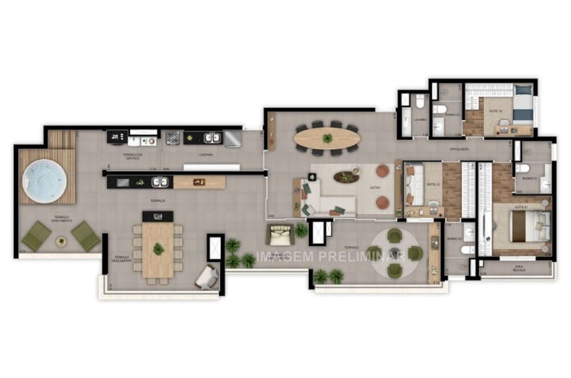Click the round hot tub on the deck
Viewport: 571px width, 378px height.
[44, 181]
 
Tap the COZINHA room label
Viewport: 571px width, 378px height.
[206, 155]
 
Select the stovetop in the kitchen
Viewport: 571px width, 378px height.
[173, 138]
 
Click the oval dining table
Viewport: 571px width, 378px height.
[327, 138]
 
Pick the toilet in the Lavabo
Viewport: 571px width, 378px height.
[420, 102]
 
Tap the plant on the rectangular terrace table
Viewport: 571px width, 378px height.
[158, 249]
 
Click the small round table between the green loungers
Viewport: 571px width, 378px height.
[61, 241]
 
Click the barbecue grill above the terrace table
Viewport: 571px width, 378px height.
[158, 216]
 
